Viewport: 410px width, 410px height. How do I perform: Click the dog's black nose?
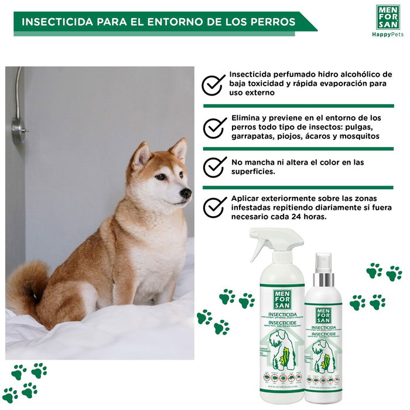186,193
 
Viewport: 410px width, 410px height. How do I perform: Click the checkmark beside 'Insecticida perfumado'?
214,84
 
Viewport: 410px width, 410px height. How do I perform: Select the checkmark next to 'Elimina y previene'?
214,127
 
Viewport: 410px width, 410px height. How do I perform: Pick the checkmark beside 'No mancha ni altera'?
214,166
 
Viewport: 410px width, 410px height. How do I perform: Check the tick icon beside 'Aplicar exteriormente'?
214,206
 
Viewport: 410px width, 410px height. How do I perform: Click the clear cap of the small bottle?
323,266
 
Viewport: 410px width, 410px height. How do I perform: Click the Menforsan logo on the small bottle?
323,315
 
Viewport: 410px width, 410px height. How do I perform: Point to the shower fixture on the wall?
19,125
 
